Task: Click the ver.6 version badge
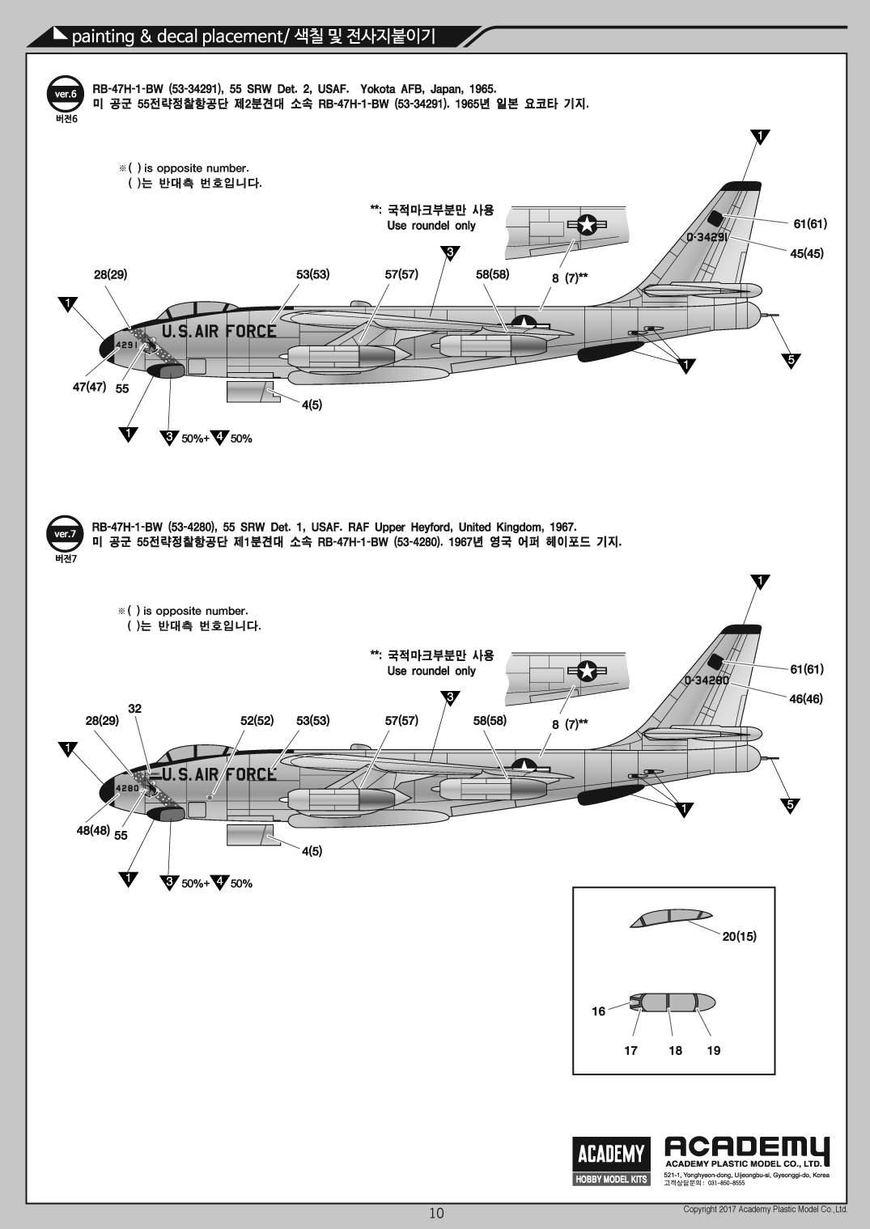click(65, 95)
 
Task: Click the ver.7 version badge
click(65, 534)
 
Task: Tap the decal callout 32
click(135, 709)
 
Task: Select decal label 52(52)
click(257, 720)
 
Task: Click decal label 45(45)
click(807, 253)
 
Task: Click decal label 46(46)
click(806, 698)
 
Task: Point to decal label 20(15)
click(739, 936)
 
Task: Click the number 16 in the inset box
click(599, 1011)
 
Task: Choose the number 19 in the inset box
click(713, 1050)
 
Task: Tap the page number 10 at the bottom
click(436, 1213)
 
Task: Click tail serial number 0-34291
click(708, 237)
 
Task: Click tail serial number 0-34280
click(707, 680)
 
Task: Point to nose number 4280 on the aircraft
click(128, 788)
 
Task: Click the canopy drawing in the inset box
click(671, 918)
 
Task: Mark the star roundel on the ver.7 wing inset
click(587, 670)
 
